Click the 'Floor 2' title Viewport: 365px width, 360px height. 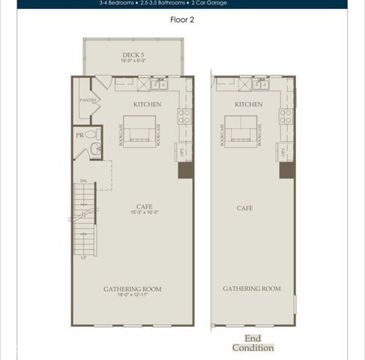182,20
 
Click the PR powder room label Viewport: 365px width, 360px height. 79,135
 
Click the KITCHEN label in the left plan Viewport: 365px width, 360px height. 147,104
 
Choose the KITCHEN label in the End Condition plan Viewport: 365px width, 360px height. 248,104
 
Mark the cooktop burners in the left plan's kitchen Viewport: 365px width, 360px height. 184,115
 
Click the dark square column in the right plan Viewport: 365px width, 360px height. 286,170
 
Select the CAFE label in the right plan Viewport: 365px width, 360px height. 244,208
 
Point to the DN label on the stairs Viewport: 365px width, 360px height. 83,181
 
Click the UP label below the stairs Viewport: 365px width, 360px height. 83,257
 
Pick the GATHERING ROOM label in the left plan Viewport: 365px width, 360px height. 133,288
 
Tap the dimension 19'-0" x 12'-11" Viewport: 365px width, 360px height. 133,295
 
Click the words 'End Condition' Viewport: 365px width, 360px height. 253,343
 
